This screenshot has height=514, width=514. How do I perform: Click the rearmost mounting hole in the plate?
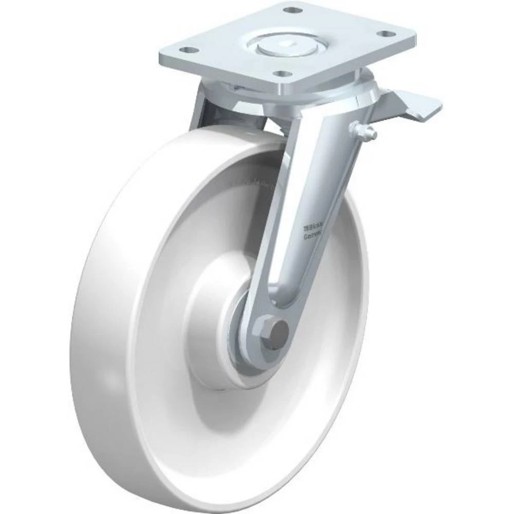tap(291, 10)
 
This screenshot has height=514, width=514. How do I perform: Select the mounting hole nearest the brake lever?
tap(384, 34)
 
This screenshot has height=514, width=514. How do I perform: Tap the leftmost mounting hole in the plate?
tap(190, 50)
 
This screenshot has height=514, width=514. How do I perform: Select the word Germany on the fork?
tap(312, 235)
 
